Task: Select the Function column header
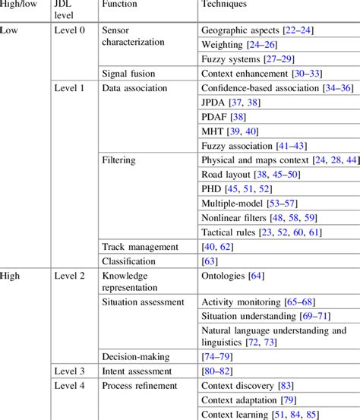click(121, 5)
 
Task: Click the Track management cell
click(140, 246)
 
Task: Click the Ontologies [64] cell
click(231, 276)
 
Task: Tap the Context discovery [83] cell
click(251, 385)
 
